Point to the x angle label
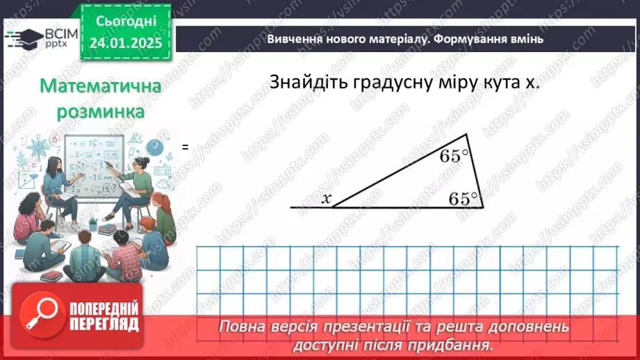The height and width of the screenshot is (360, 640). click(x=326, y=199)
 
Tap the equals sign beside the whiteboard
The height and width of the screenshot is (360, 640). click(x=186, y=147)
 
